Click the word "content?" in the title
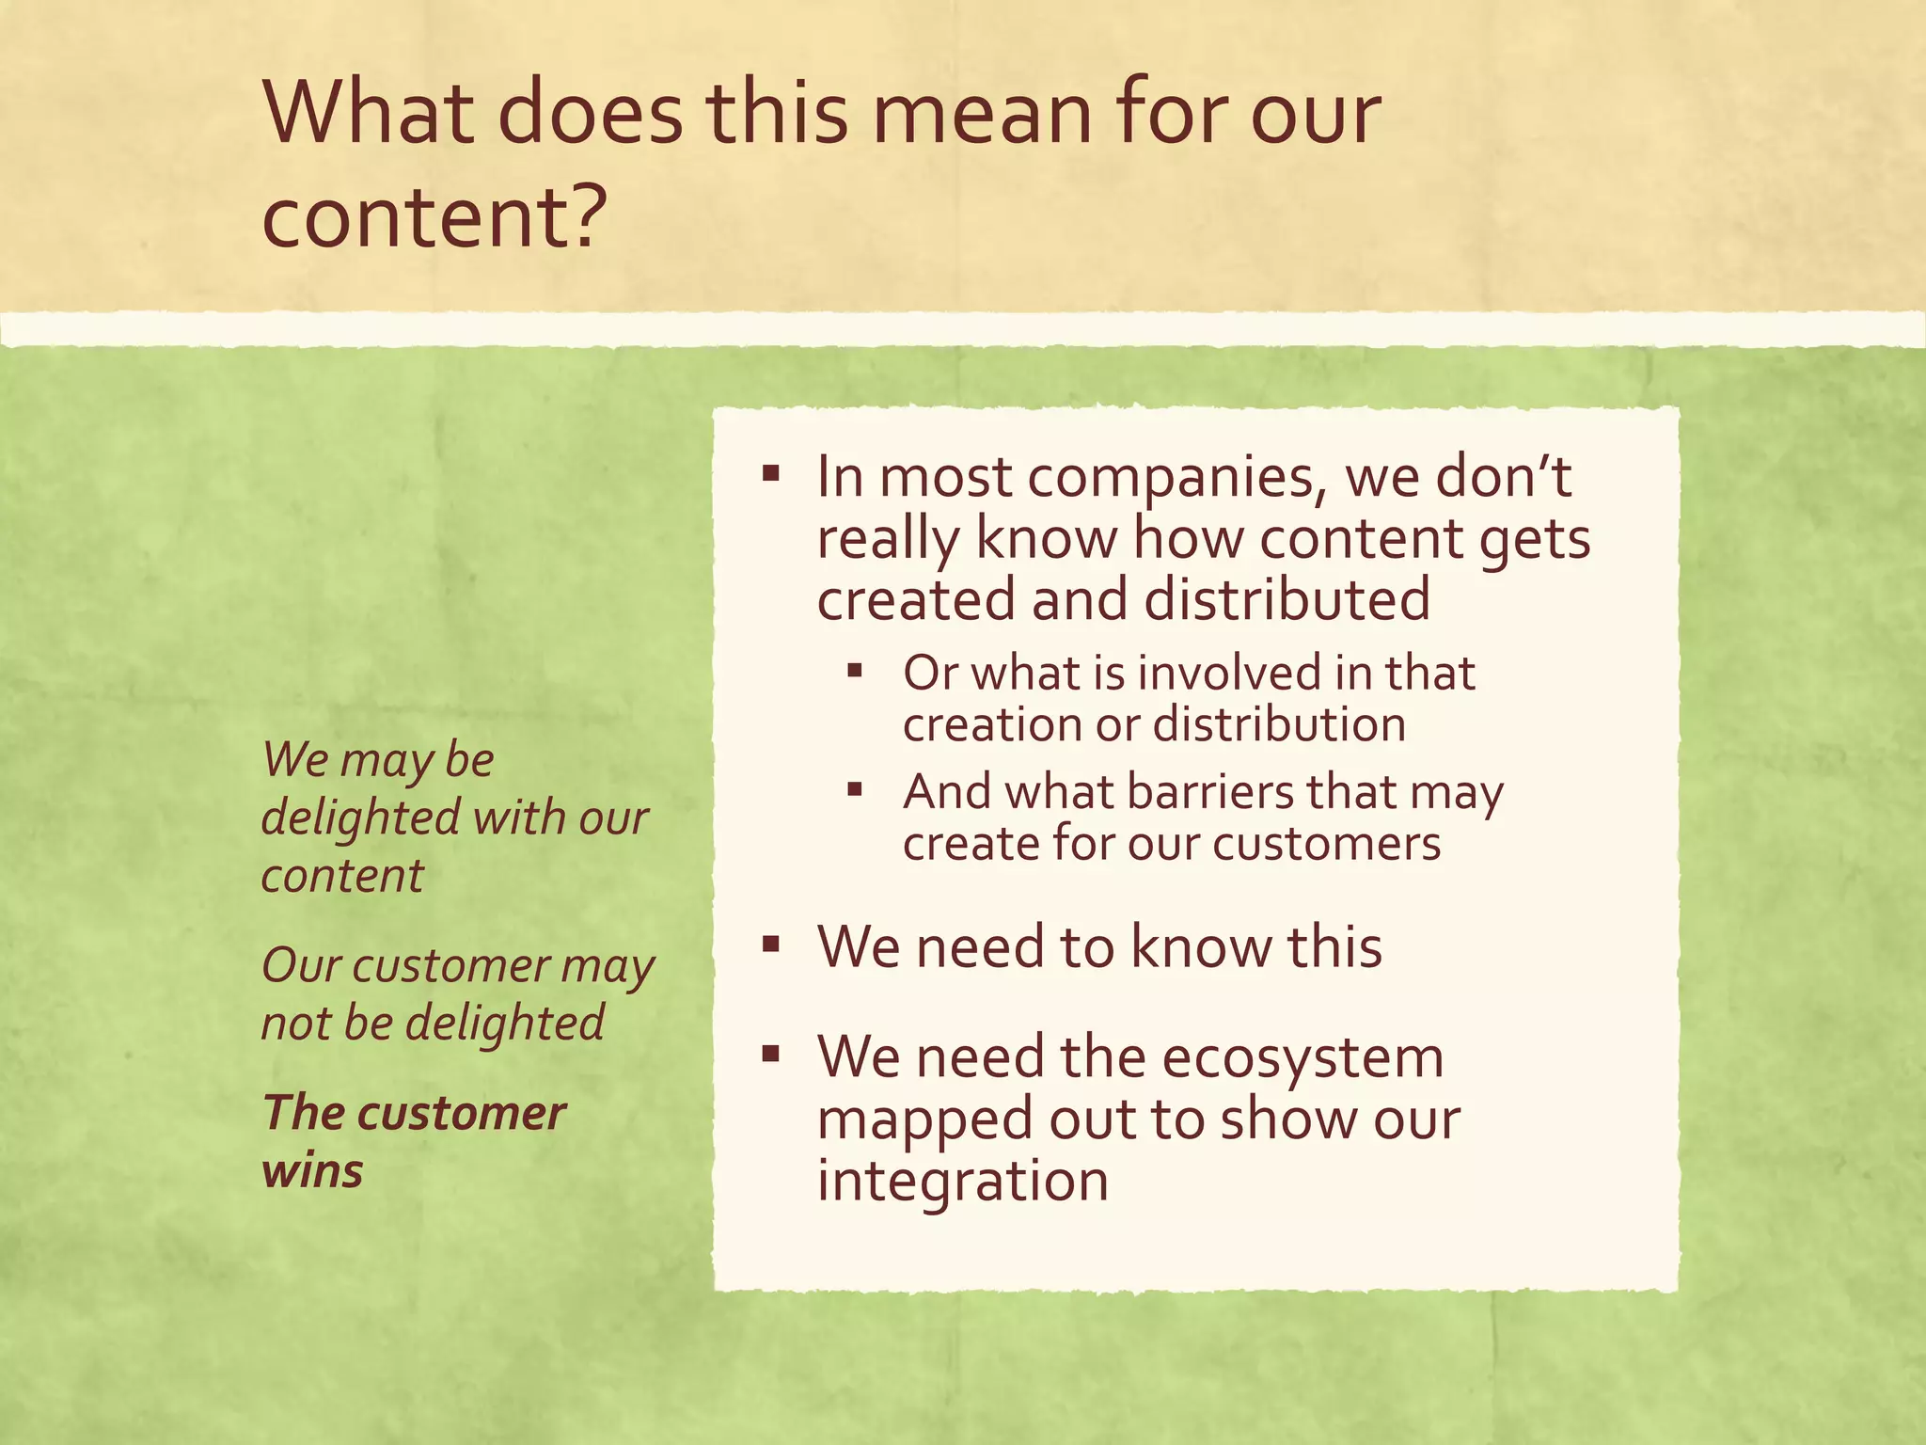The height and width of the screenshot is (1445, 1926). [x=430, y=216]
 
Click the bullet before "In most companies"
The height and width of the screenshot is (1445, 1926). [x=771, y=472]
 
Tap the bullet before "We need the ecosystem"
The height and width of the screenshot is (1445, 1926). [x=771, y=1054]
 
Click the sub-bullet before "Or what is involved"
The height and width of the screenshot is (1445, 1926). [x=854, y=671]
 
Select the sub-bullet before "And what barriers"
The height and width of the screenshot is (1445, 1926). [x=854, y=789]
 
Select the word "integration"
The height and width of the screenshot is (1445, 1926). [x=962, y=1181]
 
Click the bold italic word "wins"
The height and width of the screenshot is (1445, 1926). [x=312, y=1171]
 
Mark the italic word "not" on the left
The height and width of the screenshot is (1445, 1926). [x=292, y=1024]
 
